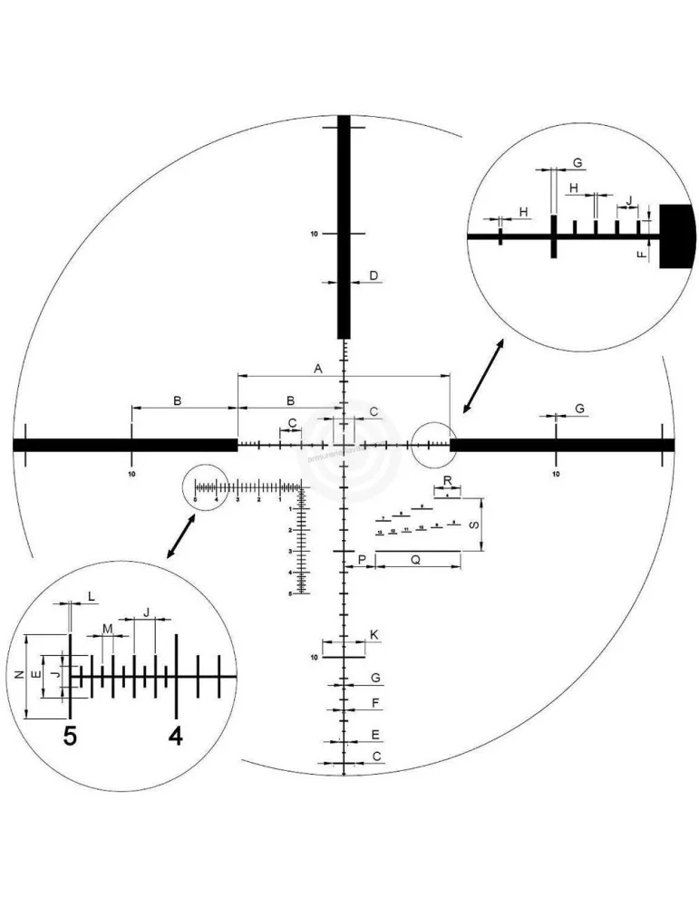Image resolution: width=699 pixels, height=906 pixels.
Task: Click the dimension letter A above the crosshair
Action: click(x=318, y=369)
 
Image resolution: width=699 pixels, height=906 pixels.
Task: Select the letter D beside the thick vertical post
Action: click(x=373, y=275)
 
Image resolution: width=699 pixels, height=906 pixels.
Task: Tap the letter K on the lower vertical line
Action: click(x=374, y=635)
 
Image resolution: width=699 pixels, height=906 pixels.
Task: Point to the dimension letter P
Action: click(x=362, y=561)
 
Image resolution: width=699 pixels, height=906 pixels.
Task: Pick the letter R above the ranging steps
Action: click(x=447, y=480)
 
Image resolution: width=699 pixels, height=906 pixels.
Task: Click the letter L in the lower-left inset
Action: click(x=91, y=595)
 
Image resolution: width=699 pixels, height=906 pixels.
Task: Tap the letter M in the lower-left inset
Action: click(x=108, y=628)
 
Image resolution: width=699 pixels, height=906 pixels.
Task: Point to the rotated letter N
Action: click(x=18, y=675)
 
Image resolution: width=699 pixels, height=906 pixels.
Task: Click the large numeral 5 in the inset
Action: click(x=70, y=737)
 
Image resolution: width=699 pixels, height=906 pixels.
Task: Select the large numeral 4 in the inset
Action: click(x=176, y=737)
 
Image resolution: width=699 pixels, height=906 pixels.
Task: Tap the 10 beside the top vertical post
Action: click(x=315, y=234)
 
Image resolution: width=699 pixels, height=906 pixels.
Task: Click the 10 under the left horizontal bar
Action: click(x=132, y=473)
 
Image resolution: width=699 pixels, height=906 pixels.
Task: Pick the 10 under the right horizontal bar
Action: click(x=556, y=473)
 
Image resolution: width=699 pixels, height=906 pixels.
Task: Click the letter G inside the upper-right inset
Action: click(x=578, y=163)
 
